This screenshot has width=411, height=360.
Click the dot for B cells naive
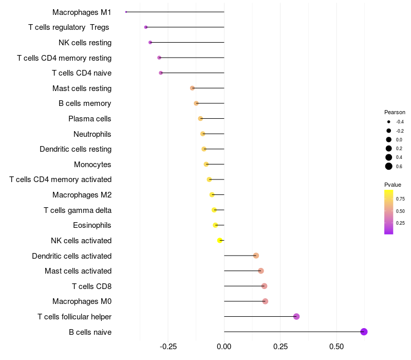pyautogui.click(x=364, y=332)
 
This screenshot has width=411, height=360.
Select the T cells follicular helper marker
pyautogui.click(x=296, y=316)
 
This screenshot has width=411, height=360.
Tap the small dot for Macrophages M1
pyautogui.click(x=126, y=12)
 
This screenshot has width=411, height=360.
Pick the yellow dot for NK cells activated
pyautogui.click(x=220, y=240)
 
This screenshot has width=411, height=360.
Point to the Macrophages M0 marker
pyautogui.click(x=265, y=301)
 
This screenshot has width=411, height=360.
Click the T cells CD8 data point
pyautogui.click(x=264, y=286)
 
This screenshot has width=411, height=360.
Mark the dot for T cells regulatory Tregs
pyautogui.click(x=146, y=27)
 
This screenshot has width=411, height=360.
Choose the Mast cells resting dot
pyautogui.click(x=192, y=88)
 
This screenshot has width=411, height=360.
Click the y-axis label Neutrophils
pyautogui.click(x=92, y=134)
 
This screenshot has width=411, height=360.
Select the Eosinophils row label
pyautogui.click(x=92, y=225)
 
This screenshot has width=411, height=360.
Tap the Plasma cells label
pyautogui.click(x=90, y=119)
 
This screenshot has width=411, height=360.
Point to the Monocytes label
pyautogui.click(x=92, y=165)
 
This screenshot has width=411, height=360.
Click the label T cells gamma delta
pyautogui.click(x=78, y=210)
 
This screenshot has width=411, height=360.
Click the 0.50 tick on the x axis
pyautogui.click(x=336, y=347)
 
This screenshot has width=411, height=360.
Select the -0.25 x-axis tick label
pyautogui.click(x=168, y=347)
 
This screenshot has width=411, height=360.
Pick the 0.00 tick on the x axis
pyautogui.click(x=224, y=347)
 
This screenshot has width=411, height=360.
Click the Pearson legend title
pyautogui.click(x=395, y=112)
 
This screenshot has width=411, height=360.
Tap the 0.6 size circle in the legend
pyautogui.click(x=389, y=166)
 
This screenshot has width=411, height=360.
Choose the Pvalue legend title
pyautogui.click(x=393, y=185)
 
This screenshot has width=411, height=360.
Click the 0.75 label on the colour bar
pyautogui.click(x=400, y=199)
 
